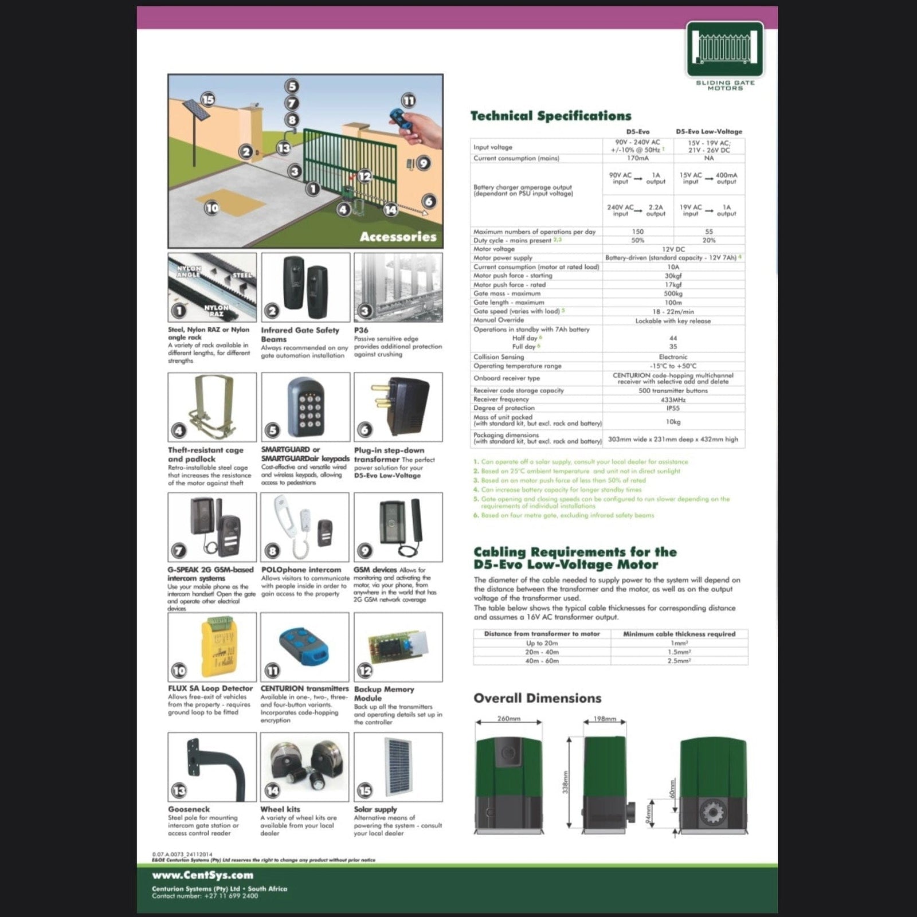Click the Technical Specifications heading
(550, 116)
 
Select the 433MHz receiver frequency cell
(673, 399)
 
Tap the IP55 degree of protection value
(673, 408)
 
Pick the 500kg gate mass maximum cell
(673, 293)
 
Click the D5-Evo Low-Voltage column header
(709, 131)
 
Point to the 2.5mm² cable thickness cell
(679, 661)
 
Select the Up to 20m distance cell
(542, 643)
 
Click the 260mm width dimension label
(508, 719)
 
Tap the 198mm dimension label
(605, 719)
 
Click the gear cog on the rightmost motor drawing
(713, 812)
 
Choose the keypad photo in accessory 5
(305, 407)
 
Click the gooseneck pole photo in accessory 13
(218, 765)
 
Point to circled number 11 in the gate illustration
(408, 101)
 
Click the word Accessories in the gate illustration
(398, 237)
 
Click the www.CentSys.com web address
(202, 875)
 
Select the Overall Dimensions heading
(537, 698)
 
